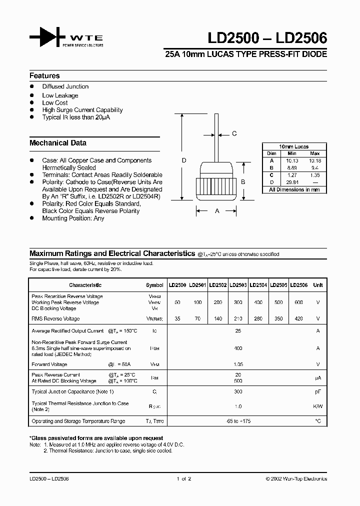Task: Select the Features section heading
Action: coord(44,76)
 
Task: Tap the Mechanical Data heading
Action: coord(58,143)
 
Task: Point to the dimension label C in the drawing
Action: coord(234,133)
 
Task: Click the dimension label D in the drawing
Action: coord(184,160)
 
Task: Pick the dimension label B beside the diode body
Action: coord(243,182)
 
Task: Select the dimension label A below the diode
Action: coord(217,211)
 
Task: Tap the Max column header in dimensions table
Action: coord(314,153)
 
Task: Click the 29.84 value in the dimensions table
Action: coord(292,182)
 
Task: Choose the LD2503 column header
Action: coord(238,285)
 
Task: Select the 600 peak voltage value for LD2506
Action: coord(299,302)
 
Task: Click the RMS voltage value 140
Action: coord(217,318)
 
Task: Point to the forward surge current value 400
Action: coord(238,348)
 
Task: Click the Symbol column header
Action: coord(154,285)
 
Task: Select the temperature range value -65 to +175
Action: coord(238,421)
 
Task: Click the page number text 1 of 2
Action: coord(183,478)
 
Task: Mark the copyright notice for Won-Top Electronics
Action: coord(296,478)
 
